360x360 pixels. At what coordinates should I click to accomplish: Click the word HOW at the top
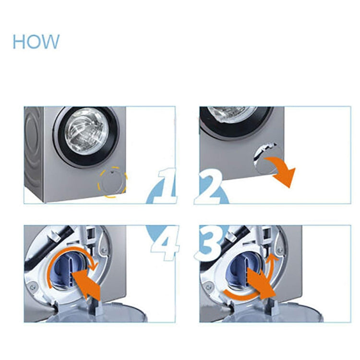(36, 42)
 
